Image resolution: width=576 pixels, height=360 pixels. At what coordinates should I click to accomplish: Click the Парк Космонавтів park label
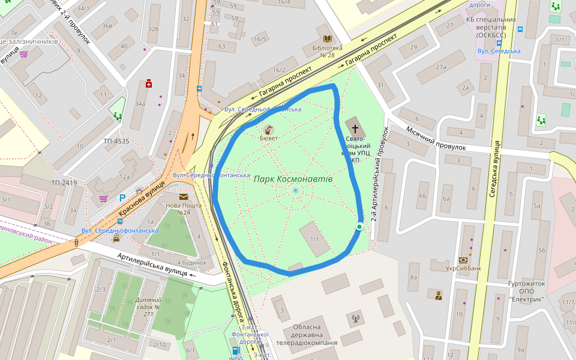(x=293, y=179)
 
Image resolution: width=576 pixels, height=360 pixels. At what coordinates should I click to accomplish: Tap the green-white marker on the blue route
(x=359, y=226)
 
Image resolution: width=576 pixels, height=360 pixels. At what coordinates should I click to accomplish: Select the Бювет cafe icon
(x=268, y=129)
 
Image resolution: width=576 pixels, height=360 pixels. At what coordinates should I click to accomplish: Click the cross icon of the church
(x=355, y=128)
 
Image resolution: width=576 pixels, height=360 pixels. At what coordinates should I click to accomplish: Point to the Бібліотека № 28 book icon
(x=328, y=38)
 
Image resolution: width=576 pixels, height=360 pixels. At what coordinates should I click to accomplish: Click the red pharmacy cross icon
(x=149, y=83)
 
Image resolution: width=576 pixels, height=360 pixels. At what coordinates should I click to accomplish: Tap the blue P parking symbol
(x=122, y=197)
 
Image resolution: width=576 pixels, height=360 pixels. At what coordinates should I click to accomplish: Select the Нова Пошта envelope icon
(x=183, y=196)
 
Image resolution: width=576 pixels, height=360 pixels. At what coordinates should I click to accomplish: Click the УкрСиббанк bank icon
(x=463, y=260)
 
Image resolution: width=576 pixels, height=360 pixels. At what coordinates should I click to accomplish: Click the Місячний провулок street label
(x=436, y=139)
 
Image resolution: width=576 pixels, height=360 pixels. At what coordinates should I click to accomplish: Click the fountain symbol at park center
(x=295, y=190)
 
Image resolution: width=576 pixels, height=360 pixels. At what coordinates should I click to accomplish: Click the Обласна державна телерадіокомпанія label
(x=307, y=335)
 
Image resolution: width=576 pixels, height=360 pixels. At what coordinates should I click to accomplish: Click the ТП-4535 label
(x=116, y=142)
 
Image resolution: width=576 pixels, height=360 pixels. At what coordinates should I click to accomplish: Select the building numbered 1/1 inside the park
(x=314, y=239)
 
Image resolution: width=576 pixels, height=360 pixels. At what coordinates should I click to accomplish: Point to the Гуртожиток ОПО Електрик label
(x=526, y=291)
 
